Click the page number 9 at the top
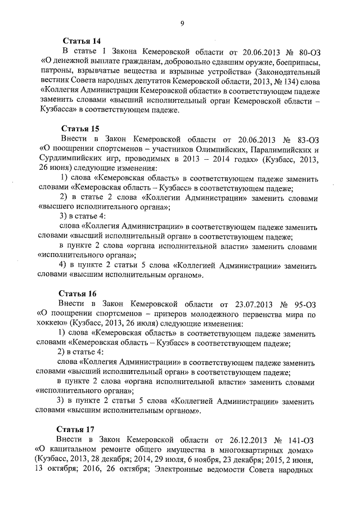182,23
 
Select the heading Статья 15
80,128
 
